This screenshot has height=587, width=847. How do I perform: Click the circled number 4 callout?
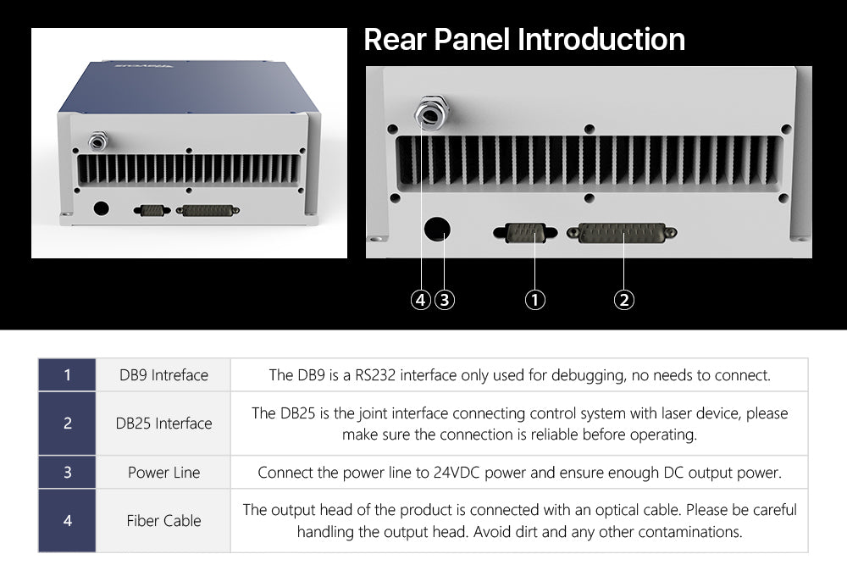[x=420, y=300]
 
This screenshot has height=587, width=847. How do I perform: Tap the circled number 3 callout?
[x=445, y=300]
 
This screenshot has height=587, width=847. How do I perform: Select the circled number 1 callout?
[x=534, y=300]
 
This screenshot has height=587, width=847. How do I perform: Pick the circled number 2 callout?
[x=624, y=300]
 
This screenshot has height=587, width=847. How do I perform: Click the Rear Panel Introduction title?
[x=524, y=40]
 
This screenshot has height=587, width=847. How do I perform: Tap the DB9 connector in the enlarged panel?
[x=525, y=233]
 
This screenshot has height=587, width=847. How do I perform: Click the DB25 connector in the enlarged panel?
[x=622, y=233]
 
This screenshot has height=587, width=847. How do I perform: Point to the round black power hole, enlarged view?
[x=437, y=229]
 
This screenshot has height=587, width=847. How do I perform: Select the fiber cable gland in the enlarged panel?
[x=431, y=113]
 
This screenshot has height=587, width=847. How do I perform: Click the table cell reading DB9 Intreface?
[x=163, y=374]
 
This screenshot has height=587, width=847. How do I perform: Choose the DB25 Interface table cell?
[x=163, y=423]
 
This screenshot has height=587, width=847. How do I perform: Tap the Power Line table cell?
[x=163, y=473]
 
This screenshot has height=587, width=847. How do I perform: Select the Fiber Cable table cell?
[x=163, y=521]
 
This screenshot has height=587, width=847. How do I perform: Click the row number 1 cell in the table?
[x=67, y=374]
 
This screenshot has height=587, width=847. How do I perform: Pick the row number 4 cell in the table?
[x=67, y=521]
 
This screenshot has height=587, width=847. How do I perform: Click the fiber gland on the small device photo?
[x=97, y=141]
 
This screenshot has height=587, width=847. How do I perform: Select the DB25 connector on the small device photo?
[x=208, y=210]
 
